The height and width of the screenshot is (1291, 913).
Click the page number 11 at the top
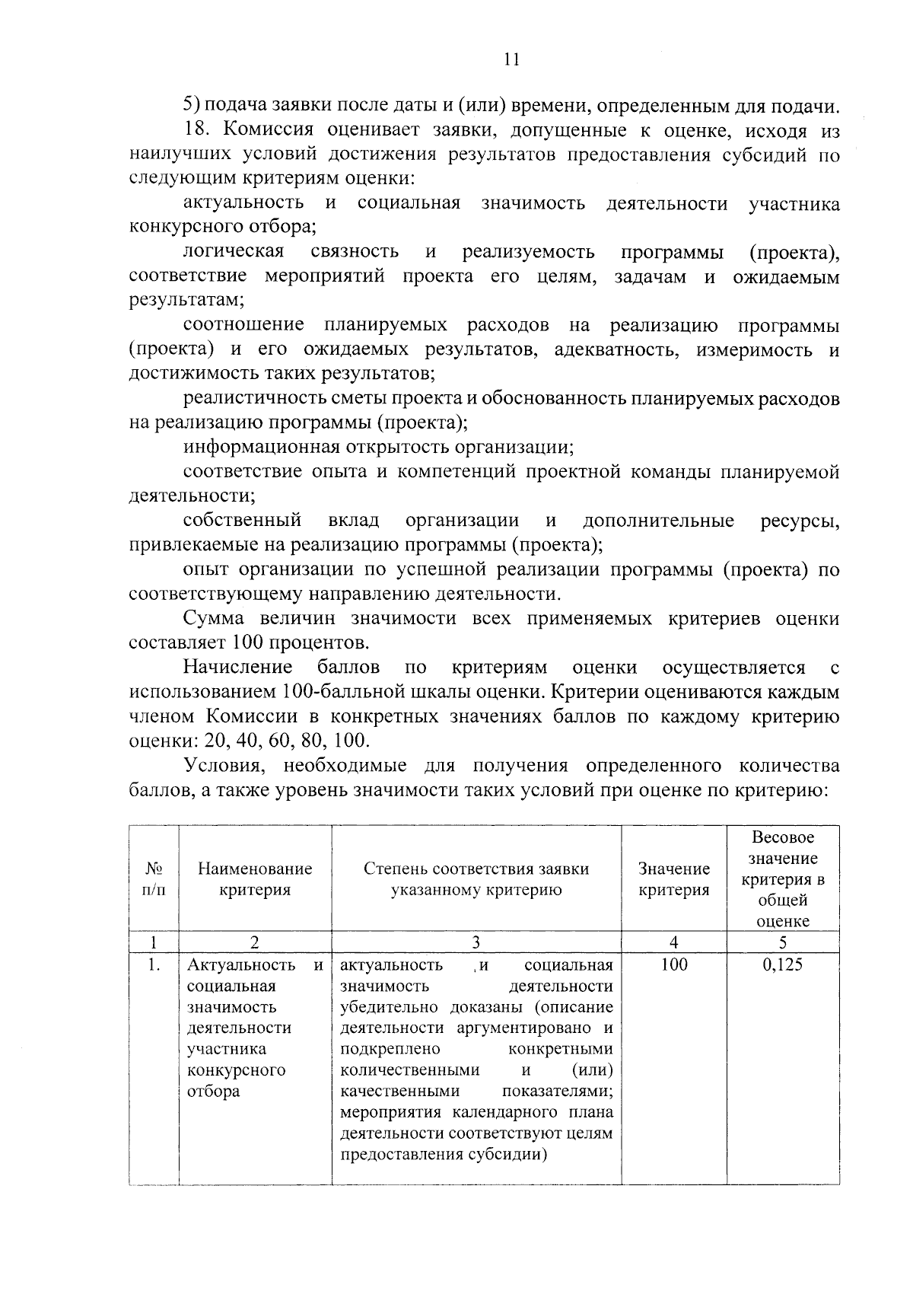(x=511, y=59)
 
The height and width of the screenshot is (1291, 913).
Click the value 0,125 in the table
(x=783, y=965)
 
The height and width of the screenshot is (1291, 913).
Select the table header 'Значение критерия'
(x=674, y=879)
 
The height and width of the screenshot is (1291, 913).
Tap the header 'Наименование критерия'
(x=255, y=879)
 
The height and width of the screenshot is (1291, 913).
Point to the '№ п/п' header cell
(x=154, y=879)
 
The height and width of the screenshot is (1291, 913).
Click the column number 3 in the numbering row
(x=476, y=942)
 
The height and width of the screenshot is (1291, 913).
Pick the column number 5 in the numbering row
(x=783, y=942)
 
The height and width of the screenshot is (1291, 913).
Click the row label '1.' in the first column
(x=154, y=965)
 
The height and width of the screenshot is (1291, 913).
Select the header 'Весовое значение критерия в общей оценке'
(x=783, y=879)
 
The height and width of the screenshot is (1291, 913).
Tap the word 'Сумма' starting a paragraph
(x=215, y=618)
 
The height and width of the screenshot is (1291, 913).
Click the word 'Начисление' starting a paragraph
(x=237, y=668)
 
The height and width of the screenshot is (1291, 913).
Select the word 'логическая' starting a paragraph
(x=233, y=252)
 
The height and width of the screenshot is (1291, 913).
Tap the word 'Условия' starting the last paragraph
(x=223, y=765)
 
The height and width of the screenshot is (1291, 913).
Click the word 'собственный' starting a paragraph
(x=242, y=521)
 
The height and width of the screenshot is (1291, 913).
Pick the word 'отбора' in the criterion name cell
(x=214, y=1091)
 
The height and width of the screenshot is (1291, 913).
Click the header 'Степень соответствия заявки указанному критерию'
(x=476, y=879)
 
